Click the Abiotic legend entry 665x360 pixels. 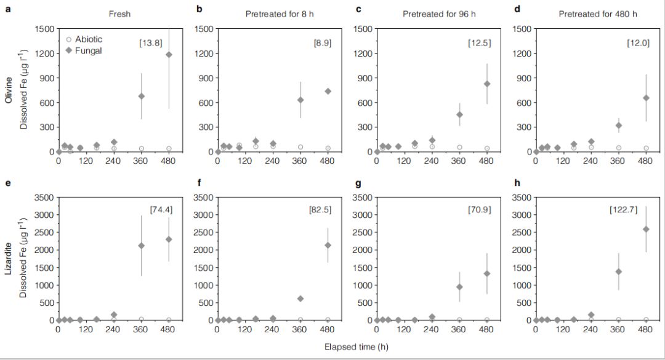click(84, 39)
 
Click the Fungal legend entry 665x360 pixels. click(84, 50)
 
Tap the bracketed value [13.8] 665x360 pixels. click(150, 42)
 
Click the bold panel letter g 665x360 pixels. click(359, 183)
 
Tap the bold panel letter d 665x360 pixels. click(518, 9)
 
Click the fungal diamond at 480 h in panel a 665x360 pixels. click(169, 55)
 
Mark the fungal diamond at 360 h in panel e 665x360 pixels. click(141, 246)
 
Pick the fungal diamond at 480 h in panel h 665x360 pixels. click(645, 229)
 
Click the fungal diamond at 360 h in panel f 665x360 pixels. click(300, 298)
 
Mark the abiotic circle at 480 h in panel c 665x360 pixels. click(487, 148)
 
